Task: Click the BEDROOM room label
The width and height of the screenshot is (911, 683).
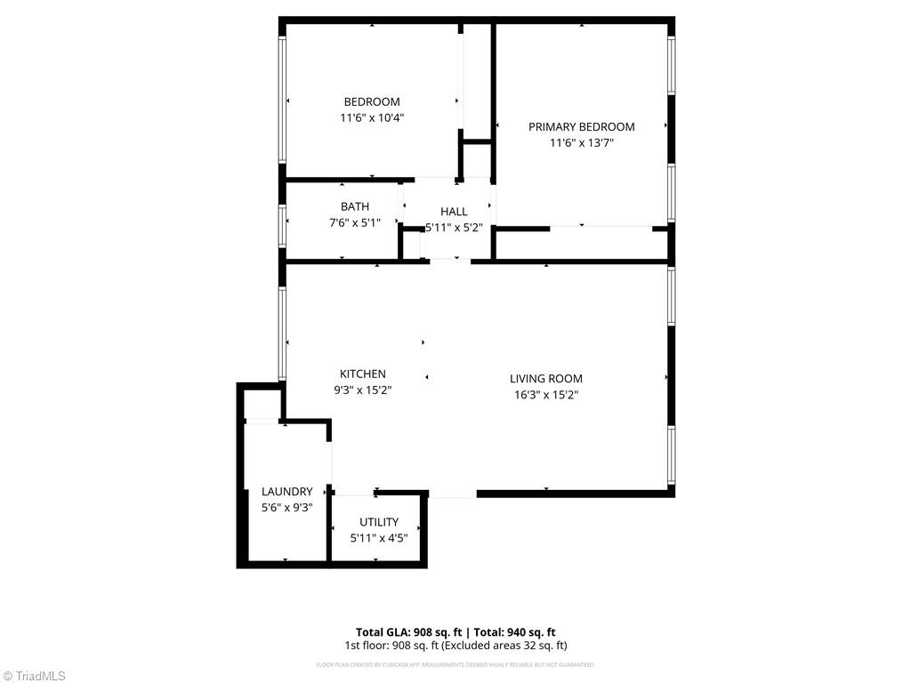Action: pyautogui.click(x=372, y=101)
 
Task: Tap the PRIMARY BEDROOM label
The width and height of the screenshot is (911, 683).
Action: pyautogui.click(x=581, y=126)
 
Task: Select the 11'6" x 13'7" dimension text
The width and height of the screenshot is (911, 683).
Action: pyautogui.click(x=581, y=142)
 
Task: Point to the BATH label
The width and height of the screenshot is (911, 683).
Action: pyautogui.click(x=354, y=206)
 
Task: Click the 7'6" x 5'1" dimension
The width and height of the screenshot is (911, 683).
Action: pyautogui.click(x=354, y=222)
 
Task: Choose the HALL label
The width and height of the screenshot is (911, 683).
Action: pyautogui.click(x=454, y=211)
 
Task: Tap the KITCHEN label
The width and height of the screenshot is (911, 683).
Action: pyautogui.click(x=363, y=374)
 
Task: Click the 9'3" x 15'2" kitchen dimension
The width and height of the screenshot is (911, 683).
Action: pyautogui.click(x=363, y=390)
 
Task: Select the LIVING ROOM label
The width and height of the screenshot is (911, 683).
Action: pyautogui.click(x=546, y=378)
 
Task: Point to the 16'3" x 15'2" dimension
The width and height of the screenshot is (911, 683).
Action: pyautogui.click(x=546, y=395)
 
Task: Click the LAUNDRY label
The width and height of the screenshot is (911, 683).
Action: pyautogui.click(x=286, y=491)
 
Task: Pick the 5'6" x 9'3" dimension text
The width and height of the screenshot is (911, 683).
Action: pyautogui.click(x=286, y=507)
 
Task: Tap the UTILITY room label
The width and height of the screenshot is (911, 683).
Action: pyautogui.click(x=379, y=521)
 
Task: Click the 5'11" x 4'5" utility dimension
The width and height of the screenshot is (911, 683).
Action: pyautogui.click(x=379, y=537)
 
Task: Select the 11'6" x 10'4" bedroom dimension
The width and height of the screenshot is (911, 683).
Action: pyautogui.click(x=372, y=117)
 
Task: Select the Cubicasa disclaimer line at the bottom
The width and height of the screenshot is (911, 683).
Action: pyautogui.click(x=455, y=664)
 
